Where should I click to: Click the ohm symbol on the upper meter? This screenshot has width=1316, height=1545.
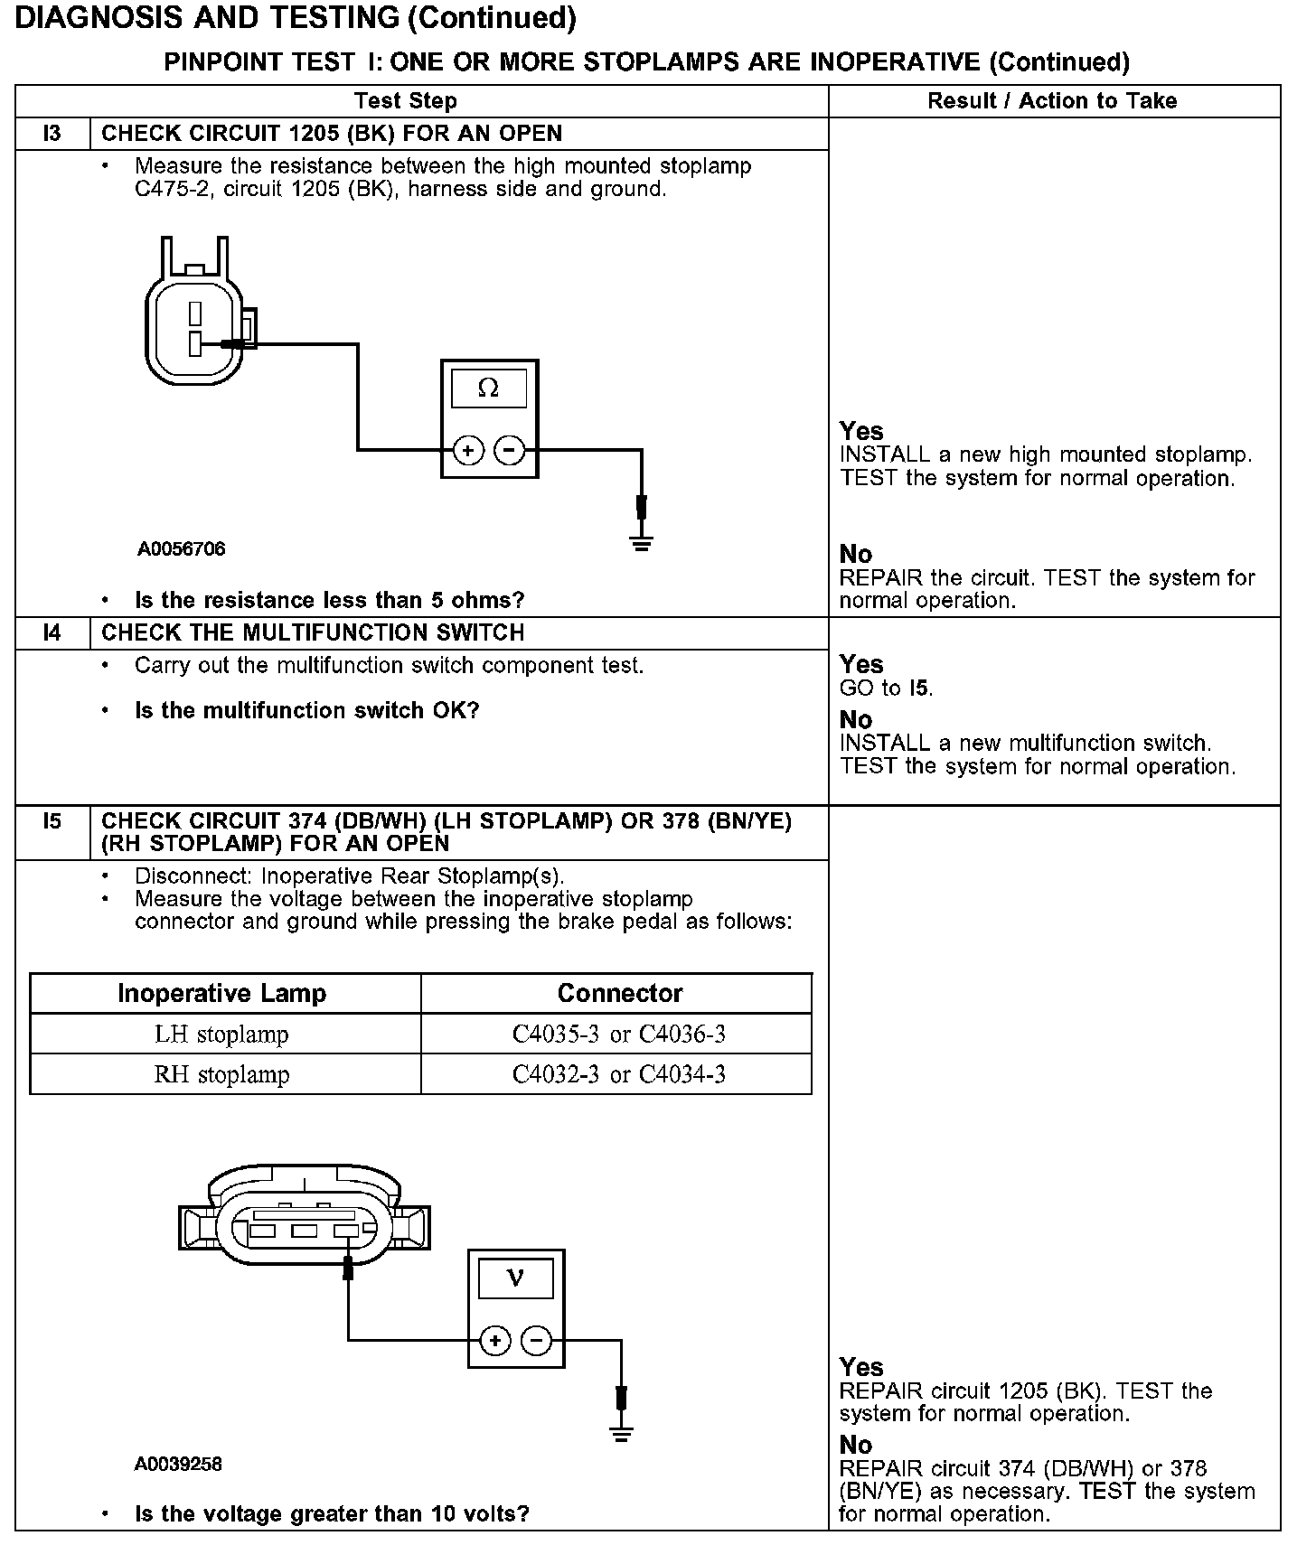[488, 389]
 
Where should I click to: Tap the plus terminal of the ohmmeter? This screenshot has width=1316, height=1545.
[468, 449]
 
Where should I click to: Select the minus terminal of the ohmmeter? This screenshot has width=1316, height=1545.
[511, 449]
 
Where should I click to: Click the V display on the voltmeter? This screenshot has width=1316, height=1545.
[515, 1278]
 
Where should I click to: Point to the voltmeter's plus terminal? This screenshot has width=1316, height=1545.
[495, 1341]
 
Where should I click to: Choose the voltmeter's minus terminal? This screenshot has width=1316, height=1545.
[537, 1341]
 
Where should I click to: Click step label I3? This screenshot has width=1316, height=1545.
[52, 134]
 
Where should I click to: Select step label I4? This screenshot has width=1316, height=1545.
[52, 632]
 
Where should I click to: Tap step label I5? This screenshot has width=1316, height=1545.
[52, 821]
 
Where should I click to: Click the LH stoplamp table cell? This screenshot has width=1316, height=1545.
[222, 1034]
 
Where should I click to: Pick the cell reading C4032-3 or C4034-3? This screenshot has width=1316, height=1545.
[618, 1074]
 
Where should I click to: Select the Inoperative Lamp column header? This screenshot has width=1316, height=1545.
[222, 993]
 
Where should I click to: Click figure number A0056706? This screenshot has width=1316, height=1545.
[182, 549]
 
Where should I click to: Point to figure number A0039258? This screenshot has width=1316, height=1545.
[178, 1465]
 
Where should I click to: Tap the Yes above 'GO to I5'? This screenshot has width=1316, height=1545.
[860, 665]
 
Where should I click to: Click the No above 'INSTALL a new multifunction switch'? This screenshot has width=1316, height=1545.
[855, 720]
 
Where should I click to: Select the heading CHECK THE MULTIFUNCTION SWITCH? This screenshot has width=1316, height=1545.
[313, 632]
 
